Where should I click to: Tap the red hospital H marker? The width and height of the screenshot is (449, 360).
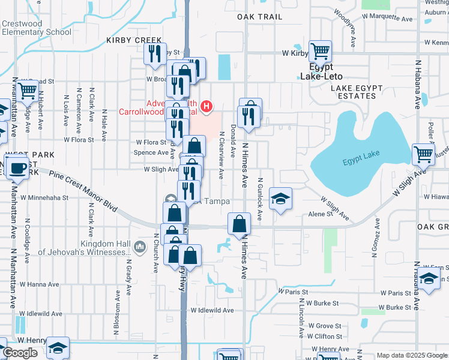click(206, 107)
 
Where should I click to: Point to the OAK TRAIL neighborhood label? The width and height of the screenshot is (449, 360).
click(259, 17)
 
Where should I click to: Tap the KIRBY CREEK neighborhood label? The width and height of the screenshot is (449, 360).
click(126, 40)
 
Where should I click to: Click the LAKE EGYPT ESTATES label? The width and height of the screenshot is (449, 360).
click(357, 92)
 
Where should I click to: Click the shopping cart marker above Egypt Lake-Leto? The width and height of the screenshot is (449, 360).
click(321, 52)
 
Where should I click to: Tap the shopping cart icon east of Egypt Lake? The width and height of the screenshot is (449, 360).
click(423, 154)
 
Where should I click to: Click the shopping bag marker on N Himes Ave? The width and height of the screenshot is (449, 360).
click(240, 224)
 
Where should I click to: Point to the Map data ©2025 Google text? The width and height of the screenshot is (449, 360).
click(412, 355)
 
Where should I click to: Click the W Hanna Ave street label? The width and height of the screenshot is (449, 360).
click(40, 284)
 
